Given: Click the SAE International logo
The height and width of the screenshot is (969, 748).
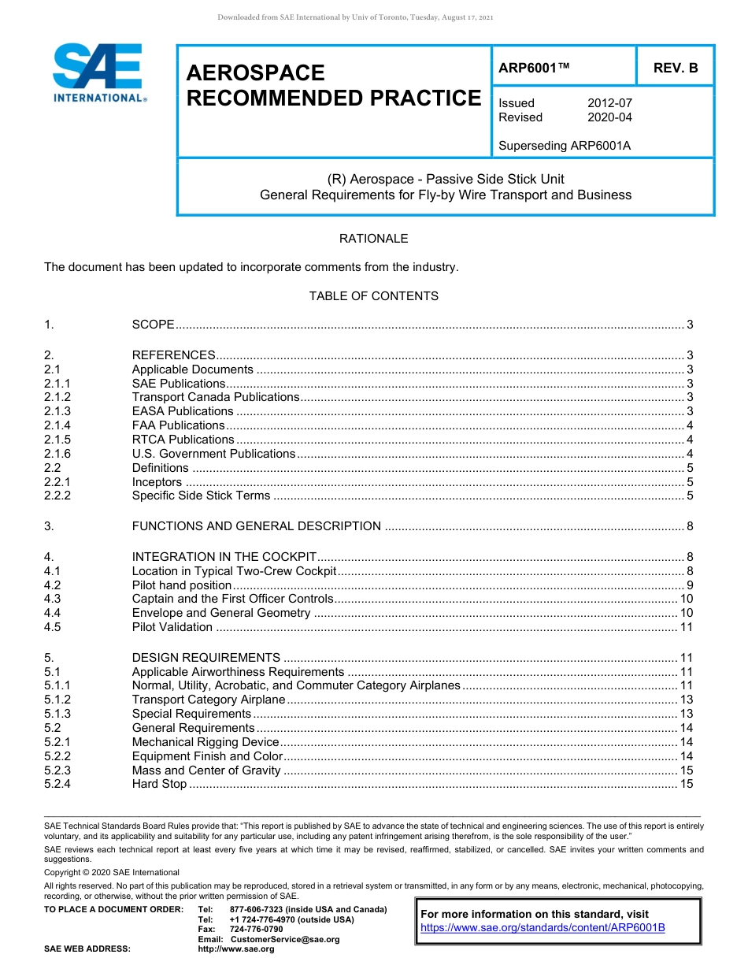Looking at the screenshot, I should pos(98,72).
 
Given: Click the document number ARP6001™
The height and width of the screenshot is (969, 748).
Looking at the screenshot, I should pos(534,69).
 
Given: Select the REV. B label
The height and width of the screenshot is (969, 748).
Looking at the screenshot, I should pos(675,69).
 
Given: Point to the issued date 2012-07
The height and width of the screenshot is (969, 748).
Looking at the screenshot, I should pos(609,103).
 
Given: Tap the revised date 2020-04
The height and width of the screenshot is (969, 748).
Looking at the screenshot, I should pos(609,117).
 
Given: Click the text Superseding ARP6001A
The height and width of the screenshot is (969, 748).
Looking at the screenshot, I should pos(565,146).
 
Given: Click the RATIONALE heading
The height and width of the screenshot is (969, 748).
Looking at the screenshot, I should pos(373,239).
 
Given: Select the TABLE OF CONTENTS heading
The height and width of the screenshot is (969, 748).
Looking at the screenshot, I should pos(373,296).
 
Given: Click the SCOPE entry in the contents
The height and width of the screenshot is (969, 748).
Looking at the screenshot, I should pos(153,325).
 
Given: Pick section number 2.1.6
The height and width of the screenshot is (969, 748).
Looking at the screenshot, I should pos(57,454).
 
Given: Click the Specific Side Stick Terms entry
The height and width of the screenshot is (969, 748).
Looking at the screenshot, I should pos(201,496).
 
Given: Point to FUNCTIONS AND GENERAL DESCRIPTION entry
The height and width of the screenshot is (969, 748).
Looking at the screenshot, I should pos(256,526).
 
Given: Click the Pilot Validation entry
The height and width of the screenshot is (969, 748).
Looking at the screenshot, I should pos(172,628).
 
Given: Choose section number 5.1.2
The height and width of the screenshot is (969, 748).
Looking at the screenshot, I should pos(57,700).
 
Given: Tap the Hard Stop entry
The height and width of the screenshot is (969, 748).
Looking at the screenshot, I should pos(159,785).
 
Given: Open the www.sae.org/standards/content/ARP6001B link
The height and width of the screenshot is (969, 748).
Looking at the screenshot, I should pos(542,928).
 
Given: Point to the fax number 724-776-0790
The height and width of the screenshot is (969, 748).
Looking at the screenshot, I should pos(256,930).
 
